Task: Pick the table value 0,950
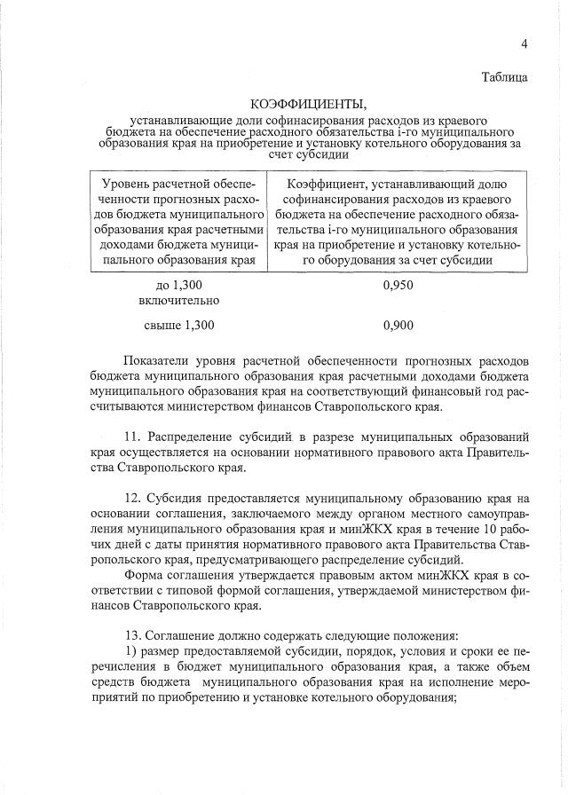click(x=398, y=285)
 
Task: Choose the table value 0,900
click(x=398, y=326)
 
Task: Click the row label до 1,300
click(x=179, y=285)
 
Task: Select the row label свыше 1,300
click(x=179, y=326)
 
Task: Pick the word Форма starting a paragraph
click(x=144, y=577)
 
